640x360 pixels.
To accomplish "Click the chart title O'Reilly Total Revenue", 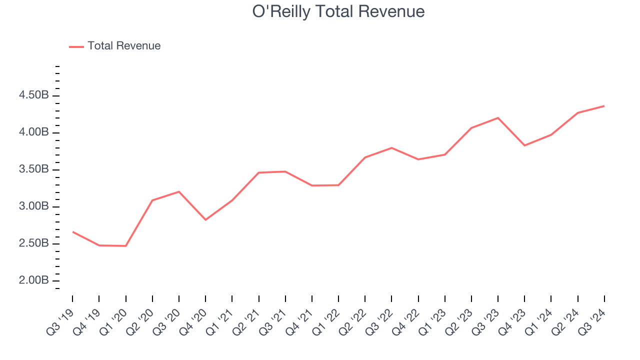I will (338, 11).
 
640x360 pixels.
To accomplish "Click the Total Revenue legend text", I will (124, 46).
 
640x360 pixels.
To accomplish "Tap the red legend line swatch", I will (76, 46).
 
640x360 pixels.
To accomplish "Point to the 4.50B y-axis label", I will (34, 95).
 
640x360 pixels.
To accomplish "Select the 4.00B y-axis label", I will (34, 132).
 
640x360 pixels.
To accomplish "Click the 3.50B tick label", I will (34, 169).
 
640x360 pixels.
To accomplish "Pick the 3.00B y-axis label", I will (34, 206).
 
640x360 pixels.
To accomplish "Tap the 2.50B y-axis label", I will (34, 243).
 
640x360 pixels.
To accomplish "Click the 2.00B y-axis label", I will (34, 280).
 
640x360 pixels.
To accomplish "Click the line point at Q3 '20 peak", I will (178, 191).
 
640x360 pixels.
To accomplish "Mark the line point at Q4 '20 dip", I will (205, 219).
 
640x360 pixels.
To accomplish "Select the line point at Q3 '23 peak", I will (498, 118).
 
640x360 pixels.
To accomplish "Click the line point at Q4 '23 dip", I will (524, 145).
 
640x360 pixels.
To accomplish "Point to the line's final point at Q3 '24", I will (604, 106).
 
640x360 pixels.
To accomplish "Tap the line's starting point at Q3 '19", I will (72, 231).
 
